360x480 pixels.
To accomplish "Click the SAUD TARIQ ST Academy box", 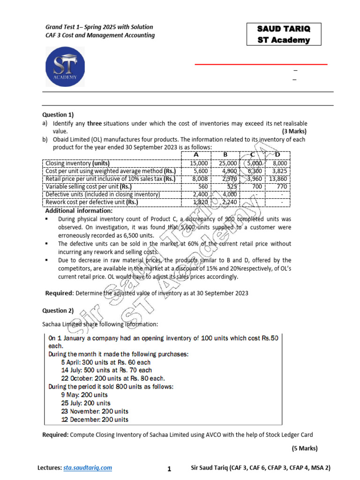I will (284, 34).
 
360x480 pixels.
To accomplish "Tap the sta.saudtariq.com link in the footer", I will (88, 468).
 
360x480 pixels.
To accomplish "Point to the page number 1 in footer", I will (169, 468).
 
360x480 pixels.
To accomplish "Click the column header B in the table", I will (225, 155).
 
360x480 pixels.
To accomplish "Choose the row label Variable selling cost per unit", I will (88, 186).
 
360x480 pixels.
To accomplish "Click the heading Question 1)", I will (58, 114).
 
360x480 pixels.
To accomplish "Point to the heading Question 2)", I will (58, 310).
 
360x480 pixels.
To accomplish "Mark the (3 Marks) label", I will (294, 132).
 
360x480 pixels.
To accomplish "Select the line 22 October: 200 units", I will (113, 378).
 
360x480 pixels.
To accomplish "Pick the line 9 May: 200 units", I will (84, 395).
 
